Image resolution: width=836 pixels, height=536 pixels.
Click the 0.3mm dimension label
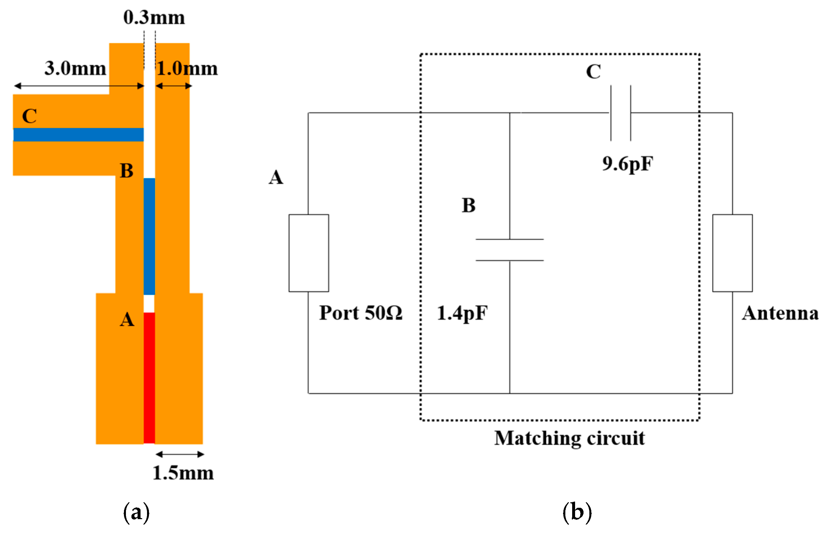154,18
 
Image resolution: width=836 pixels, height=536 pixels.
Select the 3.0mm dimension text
75,68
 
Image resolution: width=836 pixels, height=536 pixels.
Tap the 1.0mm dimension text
187,68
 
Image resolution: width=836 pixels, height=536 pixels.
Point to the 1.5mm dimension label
183,473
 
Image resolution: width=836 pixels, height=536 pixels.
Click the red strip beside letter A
149,378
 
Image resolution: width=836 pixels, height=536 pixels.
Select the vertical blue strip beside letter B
149,237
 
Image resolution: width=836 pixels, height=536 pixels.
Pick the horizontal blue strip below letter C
78,135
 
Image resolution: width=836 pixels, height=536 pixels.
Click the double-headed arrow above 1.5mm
180,454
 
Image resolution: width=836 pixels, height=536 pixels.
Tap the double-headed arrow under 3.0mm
79,86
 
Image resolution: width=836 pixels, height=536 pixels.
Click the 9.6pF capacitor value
628,164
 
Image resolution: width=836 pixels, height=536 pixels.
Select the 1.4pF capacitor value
462,313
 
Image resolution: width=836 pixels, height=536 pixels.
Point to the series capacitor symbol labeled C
621,113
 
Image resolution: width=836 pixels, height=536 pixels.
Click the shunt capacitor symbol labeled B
510,250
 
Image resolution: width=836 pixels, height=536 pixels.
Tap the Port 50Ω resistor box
309,253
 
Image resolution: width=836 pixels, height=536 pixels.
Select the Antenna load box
732,253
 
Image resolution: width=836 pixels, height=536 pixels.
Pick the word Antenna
780,313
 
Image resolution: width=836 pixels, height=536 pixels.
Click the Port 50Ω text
361,313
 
